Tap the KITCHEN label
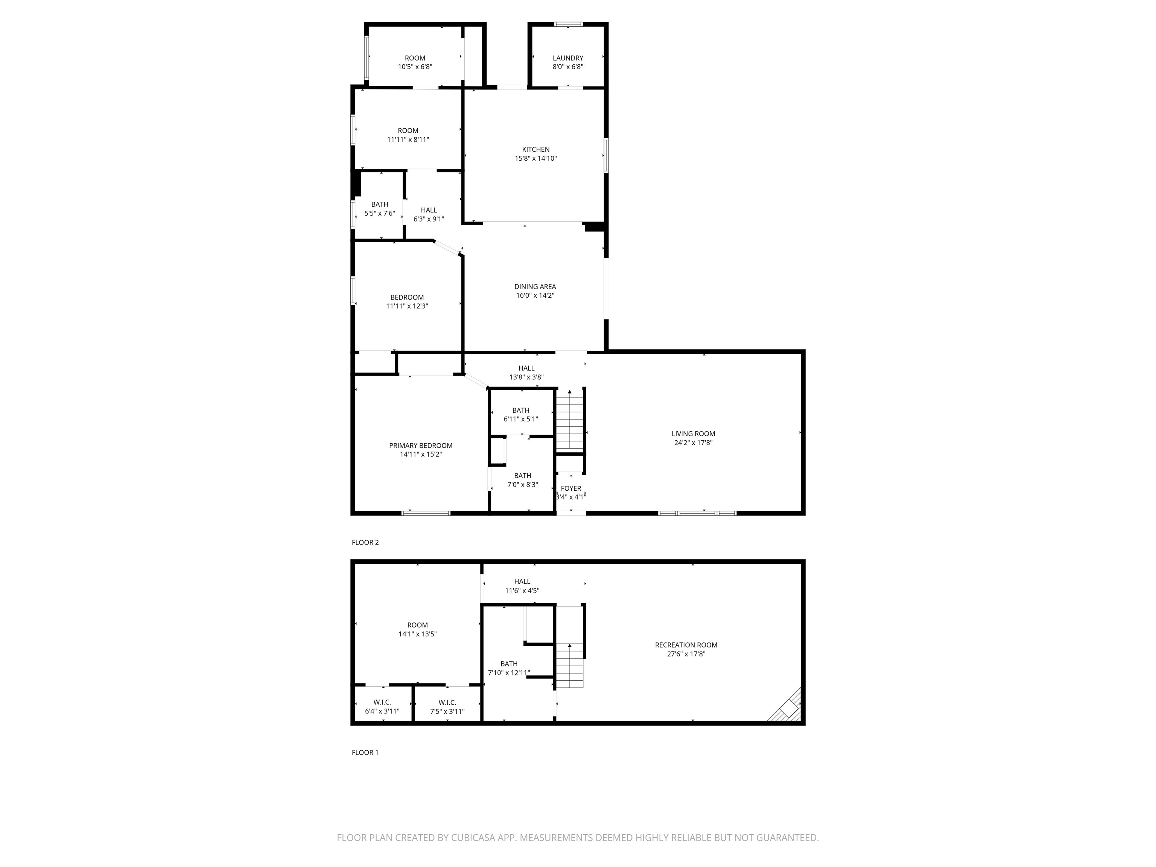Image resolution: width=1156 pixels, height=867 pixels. pyautogui.click(x=536, y=149)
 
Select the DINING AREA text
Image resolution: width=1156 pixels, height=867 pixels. pyautogui.click(x=535, y=286)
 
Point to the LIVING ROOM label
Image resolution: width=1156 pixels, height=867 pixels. pyautogui.click(x=694, y=434)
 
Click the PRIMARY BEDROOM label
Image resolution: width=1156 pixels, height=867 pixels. pyautogui.click(x=421, y=446)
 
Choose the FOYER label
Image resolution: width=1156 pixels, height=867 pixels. pyautogui.click(x=571, y=489)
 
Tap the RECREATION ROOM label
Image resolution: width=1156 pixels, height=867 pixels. pyautogui.click(x=686, y=645)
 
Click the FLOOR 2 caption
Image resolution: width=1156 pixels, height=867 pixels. pyautogui.click(x=365, y=543)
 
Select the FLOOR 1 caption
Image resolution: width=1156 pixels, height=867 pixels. pyautogui.click(x=365, y=753)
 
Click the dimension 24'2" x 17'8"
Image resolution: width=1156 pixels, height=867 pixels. pyautogui.click(x=694, y=443)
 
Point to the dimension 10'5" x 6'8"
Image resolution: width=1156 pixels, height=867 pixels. pyautogui.click(x=415, y=67)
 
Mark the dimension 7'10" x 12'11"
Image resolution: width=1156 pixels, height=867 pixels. pyautogui.click(x=509, y=672)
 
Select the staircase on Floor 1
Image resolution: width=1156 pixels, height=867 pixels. pyautogui.click(x=569, y=666)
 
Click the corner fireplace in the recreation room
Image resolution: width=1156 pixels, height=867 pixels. pyautogui.click(x=786, y=707)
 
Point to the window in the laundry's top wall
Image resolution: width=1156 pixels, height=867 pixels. pyautogui.click(x=568, y=24)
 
